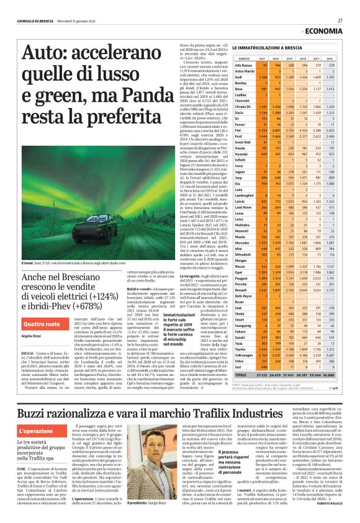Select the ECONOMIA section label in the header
point(330,30)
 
